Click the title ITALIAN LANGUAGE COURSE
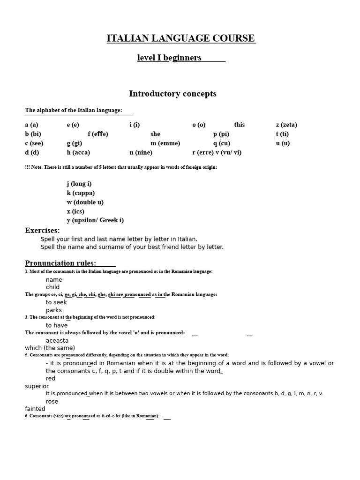pos(181,38)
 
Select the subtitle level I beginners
pos(169,58)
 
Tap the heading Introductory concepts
pos(172,94)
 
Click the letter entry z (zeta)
pos(286,125)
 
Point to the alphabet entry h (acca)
pos(78,152)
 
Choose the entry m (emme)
pos(165,143)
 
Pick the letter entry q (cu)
pos(222,143)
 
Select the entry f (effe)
pos(97,134)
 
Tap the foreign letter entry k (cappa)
pos(81,193)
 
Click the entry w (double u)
pos(85,202)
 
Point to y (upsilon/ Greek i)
pos(95,220)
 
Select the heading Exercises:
pos(42,231)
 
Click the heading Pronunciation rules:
pos(60,263)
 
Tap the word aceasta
pos(57,341)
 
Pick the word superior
pos(37,386)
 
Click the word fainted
pos(35,409)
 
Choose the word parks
pos(53,310)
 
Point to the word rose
pos(52,402)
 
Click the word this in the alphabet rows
pos(240,125)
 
